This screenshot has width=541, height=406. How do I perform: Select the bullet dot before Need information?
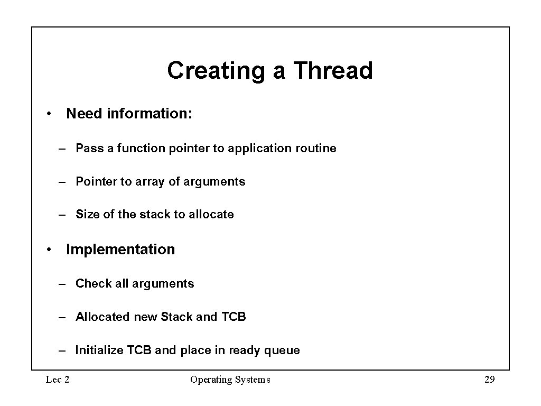pyautogui.click(x=48, y=114)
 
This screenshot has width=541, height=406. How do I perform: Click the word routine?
pyautogui.click(x=315, y=149)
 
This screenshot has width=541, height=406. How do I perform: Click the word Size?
pyautogui.click(x=87, y=215)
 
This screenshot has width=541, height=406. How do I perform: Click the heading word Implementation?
pyautogui.click(x=120, y=250)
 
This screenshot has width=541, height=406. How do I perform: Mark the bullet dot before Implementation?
pyautogui.click(x=48, y=250)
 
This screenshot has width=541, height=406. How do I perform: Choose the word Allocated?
pyautogui.click(x=102, y=317)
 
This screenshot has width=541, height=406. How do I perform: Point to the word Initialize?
pyautogui.click(x=100, y=350)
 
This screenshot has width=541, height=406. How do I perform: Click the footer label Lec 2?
pyautogui.click(x=58, y=380)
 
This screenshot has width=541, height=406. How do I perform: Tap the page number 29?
pyautogui.click(x=489, y=380)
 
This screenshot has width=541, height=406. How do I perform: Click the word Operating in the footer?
pyautogui.click(x=209, y=380)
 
